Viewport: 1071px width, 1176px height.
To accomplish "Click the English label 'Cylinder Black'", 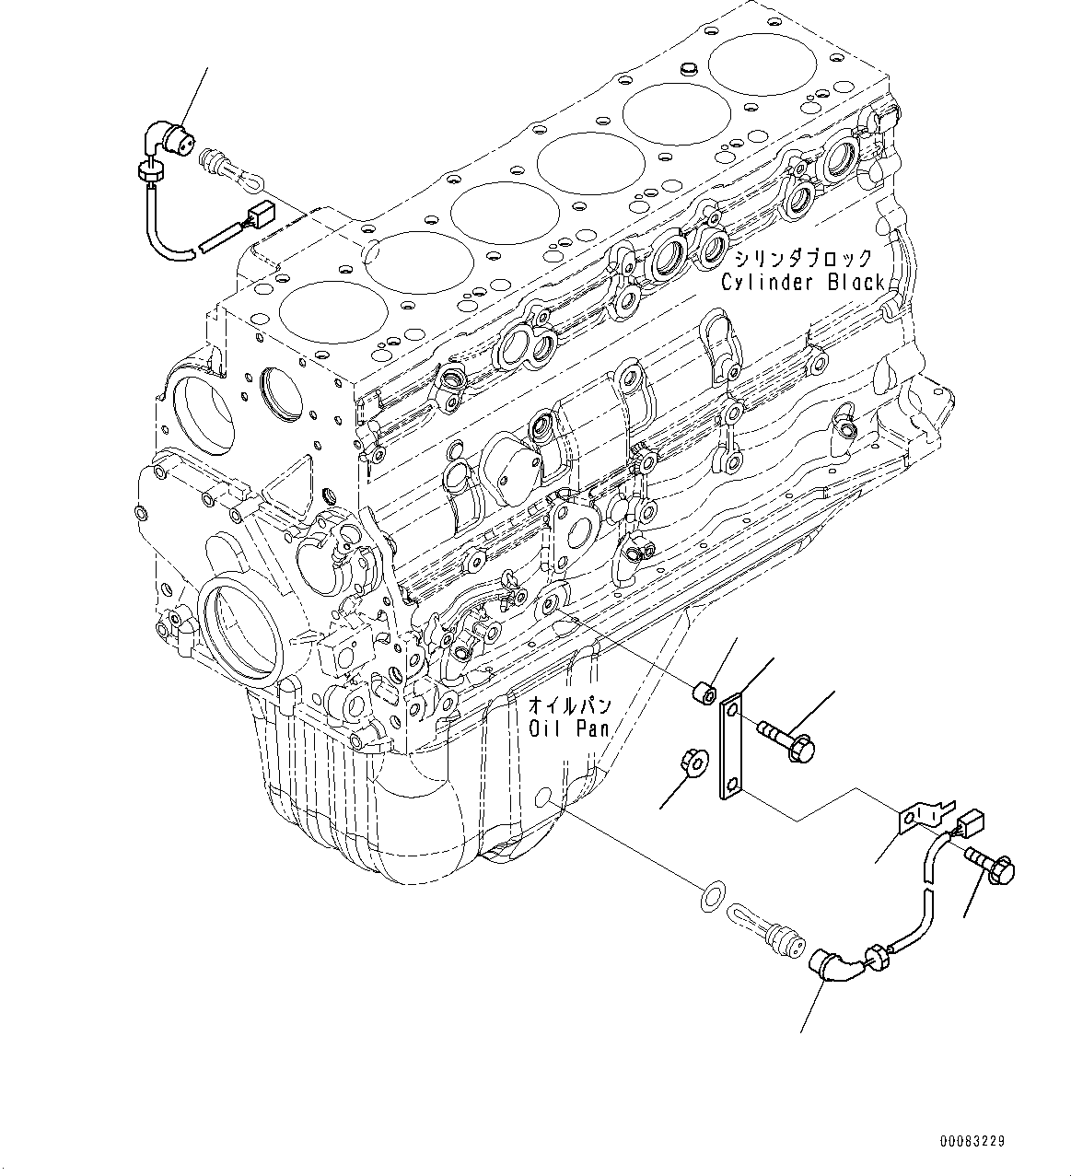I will pos(802,283).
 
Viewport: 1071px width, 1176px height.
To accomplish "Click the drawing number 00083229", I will pos(972,1141).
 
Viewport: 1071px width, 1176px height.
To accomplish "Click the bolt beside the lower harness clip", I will pos(990,864).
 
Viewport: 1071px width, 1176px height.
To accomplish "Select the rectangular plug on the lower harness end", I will pos(972,821).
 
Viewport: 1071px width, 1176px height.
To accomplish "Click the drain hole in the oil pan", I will pos(544,797).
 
